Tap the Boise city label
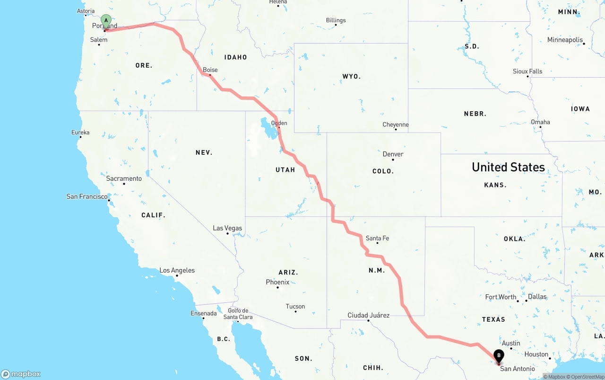point(210,70)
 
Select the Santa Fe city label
point(377,238)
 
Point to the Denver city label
point(393,154)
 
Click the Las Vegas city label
point(227,228)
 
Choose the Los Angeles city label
point(177,271)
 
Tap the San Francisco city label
point(87,196)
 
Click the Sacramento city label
point(124,178)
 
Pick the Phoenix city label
point(277,282)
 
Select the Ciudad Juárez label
point(368,315)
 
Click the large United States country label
point(508,167)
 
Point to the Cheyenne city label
point(396,125)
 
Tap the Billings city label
point(336,20)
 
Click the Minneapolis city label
point(565,40)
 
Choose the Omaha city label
point(540,122)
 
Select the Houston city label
point(536,354)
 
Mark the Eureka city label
point(80,133)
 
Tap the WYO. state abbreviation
point(351,76)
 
